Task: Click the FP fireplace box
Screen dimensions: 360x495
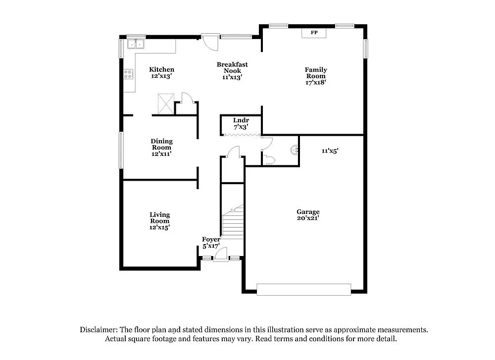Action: click(x=314, y=33)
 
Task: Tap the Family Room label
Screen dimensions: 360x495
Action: click(x=316, y=76)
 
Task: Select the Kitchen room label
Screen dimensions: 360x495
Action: click(x=162, y=73)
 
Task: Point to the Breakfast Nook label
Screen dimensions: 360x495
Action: click(x=232, y=70)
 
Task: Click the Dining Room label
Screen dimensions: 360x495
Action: click(x=161, y=147)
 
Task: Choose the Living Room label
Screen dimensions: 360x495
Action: click(x=160, y=221)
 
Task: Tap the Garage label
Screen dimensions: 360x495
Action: click(x=308, y=214)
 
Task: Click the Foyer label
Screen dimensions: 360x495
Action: click(x=211, y=243)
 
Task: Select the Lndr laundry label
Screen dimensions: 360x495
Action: click(x=241, y=124)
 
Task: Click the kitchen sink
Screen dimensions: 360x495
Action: click(x=135, y=45)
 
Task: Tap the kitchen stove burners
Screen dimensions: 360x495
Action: click(x=129, y=74)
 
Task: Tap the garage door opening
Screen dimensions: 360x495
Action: click(x=304, y=289)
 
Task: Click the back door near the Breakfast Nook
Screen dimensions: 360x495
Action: click(x=210, y=41)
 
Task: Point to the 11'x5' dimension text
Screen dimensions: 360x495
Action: click(x=330, y=151)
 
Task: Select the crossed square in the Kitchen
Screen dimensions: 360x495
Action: click(x=165, y=103)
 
